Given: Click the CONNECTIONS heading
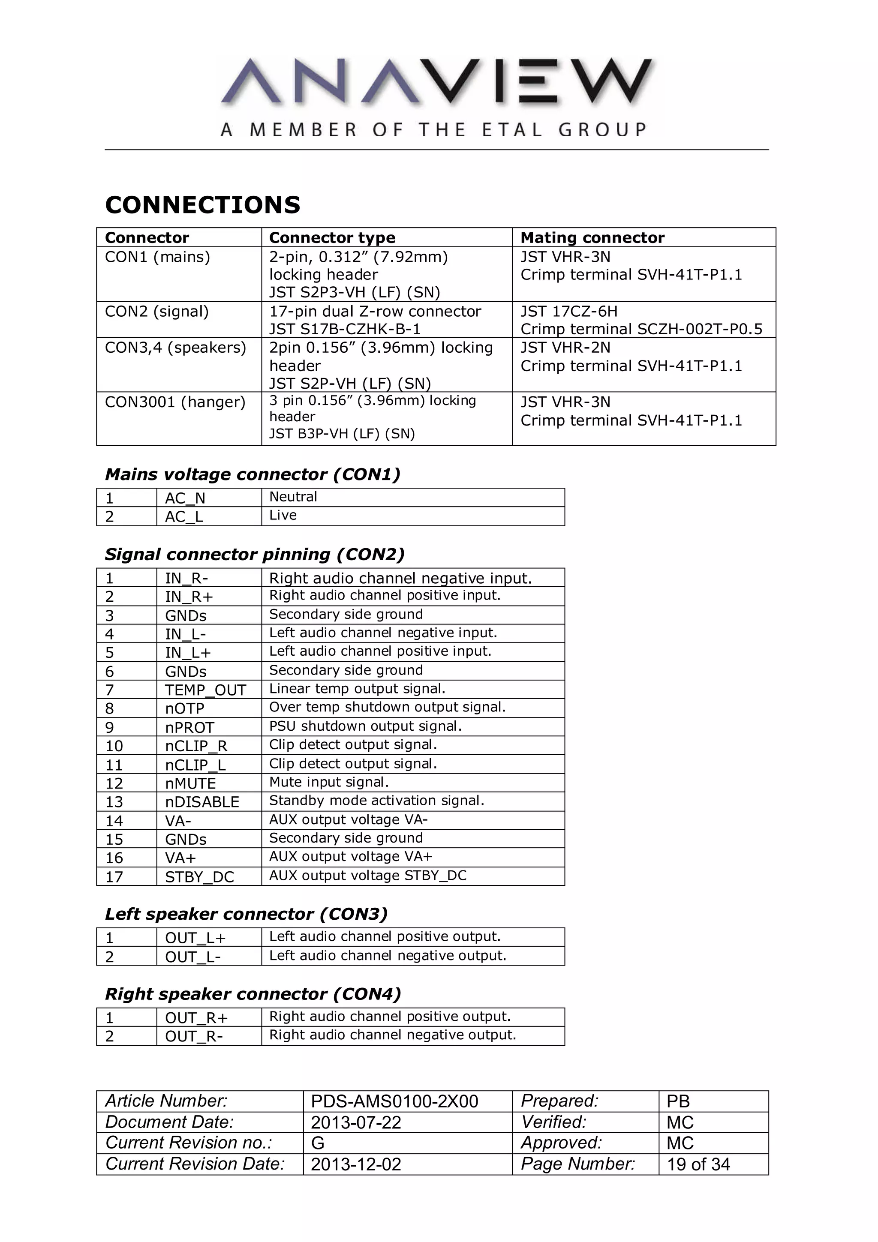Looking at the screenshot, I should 202,205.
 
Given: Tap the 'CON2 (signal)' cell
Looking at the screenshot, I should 157,312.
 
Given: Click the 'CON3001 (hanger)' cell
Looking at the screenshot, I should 175,402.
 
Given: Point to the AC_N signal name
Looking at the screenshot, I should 185,498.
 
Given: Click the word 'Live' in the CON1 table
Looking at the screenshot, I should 283,516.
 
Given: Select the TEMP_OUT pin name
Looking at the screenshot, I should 206,690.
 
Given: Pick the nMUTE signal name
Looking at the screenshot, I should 190,784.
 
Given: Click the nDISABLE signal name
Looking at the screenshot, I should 202,802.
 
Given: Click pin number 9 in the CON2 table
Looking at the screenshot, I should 109,728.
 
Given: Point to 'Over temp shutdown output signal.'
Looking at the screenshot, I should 387,708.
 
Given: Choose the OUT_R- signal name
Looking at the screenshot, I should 194,1036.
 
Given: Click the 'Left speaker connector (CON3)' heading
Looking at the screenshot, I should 246,914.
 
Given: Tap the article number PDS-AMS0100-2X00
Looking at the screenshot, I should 394,1101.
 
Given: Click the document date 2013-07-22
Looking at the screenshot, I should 356,1122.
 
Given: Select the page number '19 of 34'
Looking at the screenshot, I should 698,1164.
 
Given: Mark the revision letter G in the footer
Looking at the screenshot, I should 318,1143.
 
